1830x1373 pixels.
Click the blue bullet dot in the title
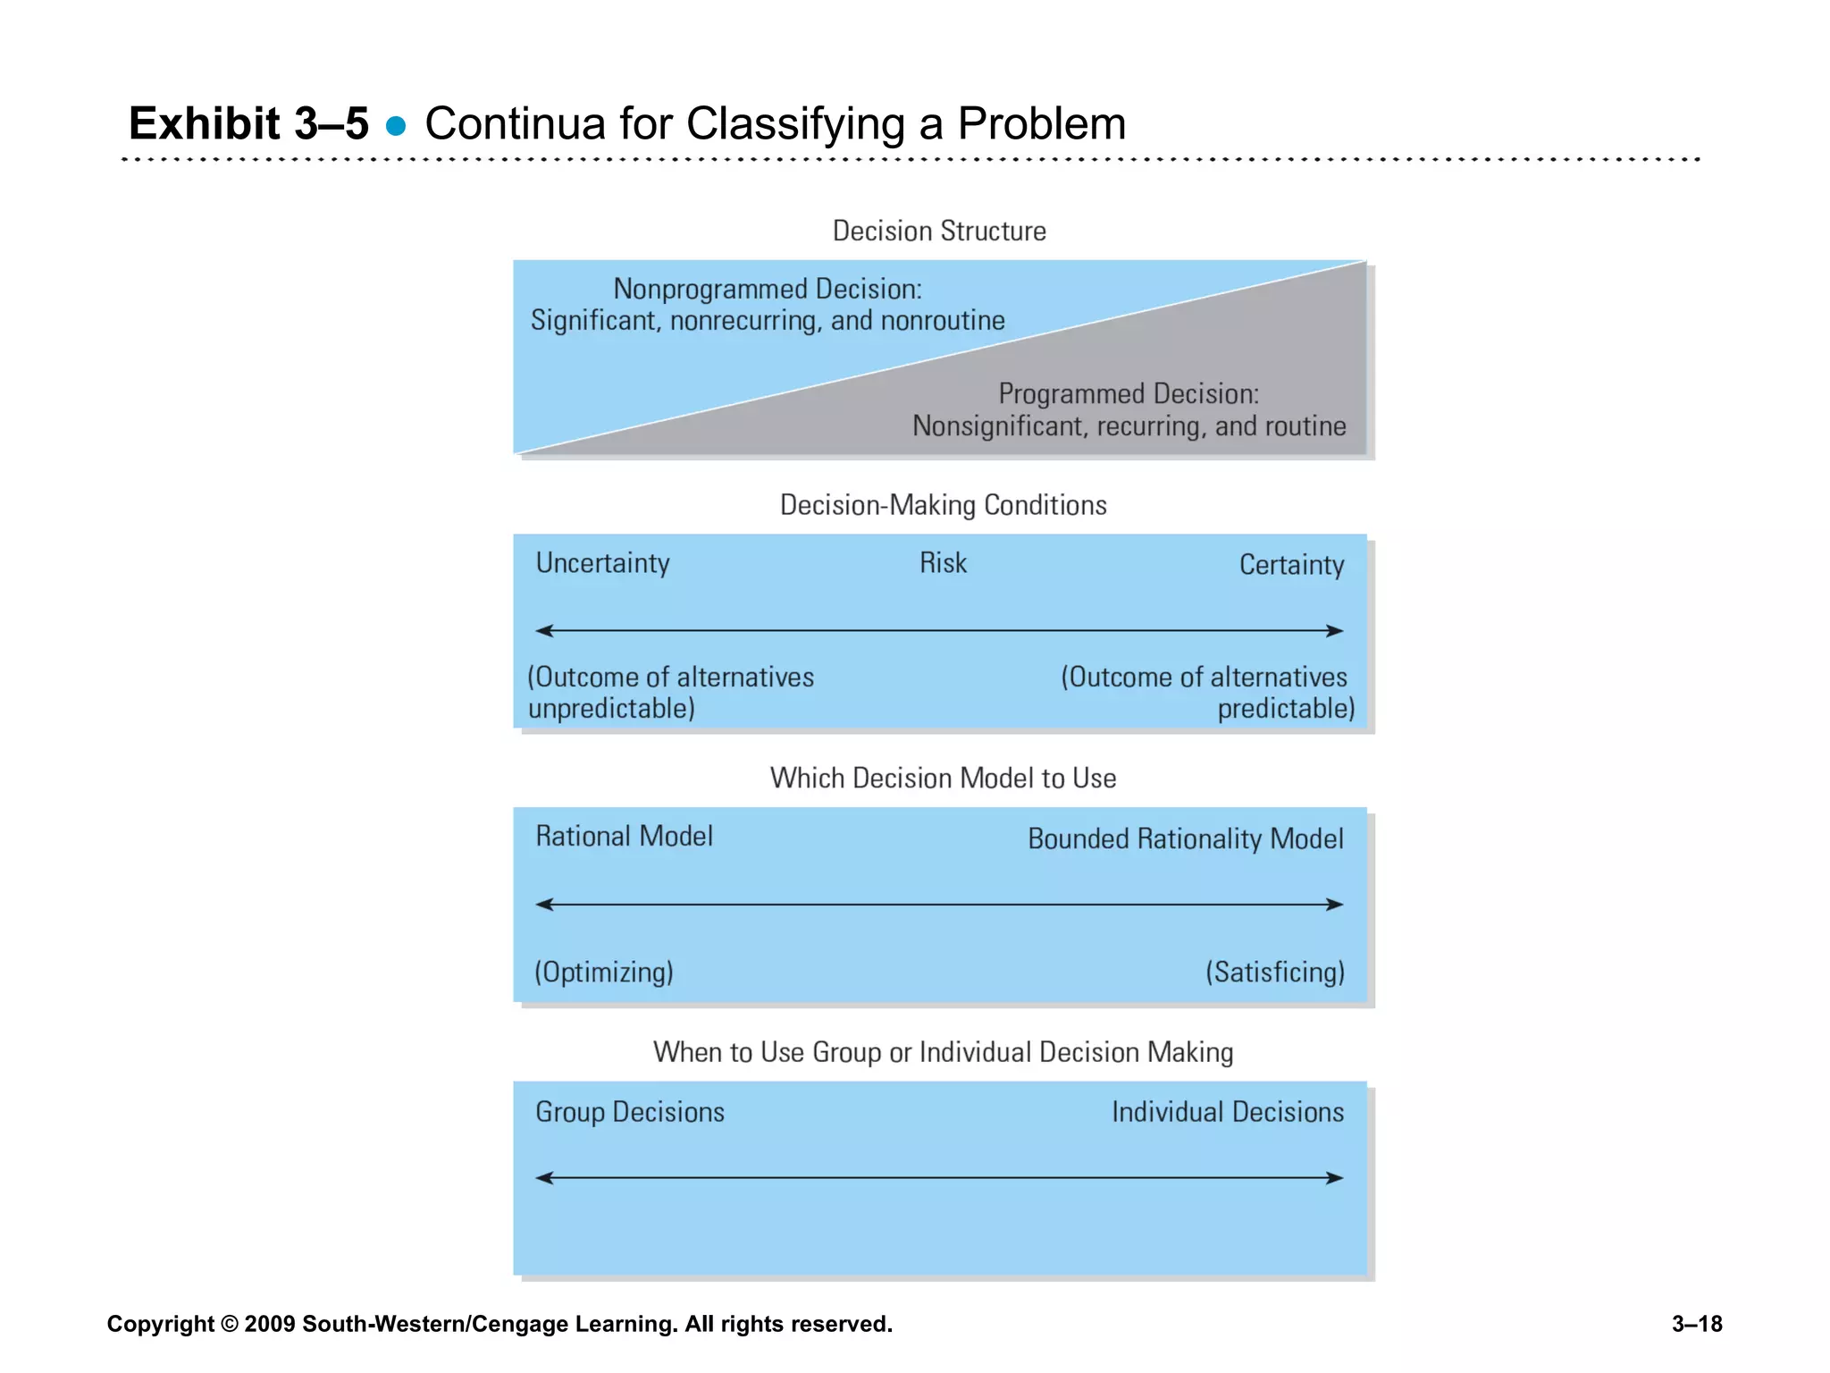click(396, 126)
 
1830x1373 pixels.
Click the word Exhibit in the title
click(205, 123)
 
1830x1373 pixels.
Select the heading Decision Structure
click(939, 231)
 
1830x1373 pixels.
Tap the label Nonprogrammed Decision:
click(768, 289)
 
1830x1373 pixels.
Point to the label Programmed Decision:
click(1129, 393)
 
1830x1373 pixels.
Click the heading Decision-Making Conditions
click(943, 505)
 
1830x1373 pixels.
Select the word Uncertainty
click(602, 563)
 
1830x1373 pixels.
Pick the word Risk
click(943, 563)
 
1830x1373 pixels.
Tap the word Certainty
click(1291, 565)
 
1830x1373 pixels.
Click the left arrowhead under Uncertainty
click(542, 631)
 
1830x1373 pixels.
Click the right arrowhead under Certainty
click(1337, 631)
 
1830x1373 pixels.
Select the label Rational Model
click(624, 837)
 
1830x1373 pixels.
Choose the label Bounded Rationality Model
click(1185, 839)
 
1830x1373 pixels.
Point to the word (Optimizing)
click(604, 972)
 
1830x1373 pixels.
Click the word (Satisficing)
click(1275, 972)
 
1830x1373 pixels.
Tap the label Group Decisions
click(630, 1112)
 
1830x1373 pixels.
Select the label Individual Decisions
click(1228, 1112)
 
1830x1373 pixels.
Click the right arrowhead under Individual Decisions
click(1337, 1178)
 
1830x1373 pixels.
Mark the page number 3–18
click(1697, 1324)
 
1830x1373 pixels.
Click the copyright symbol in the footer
click(230, 1324)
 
